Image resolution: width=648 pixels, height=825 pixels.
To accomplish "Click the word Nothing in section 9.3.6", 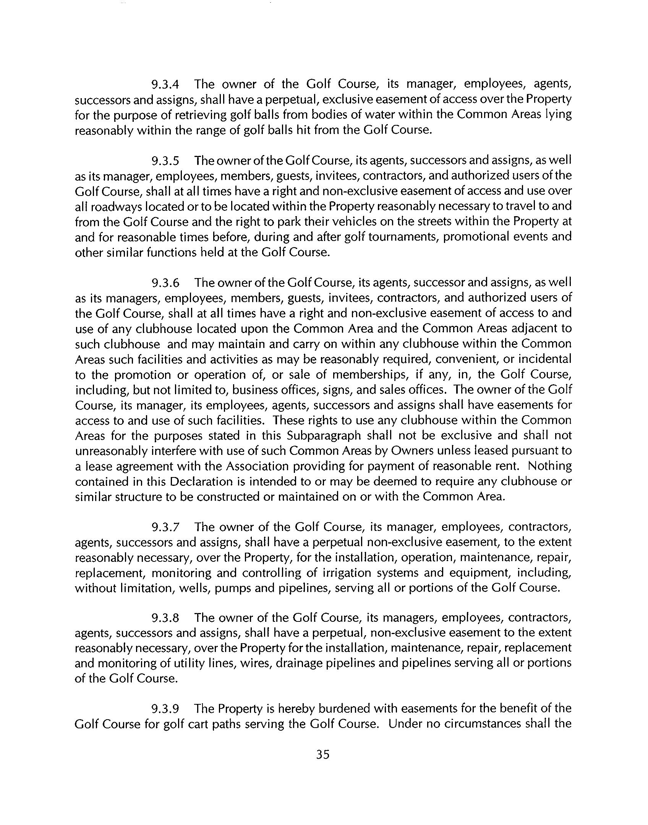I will [549, 466].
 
